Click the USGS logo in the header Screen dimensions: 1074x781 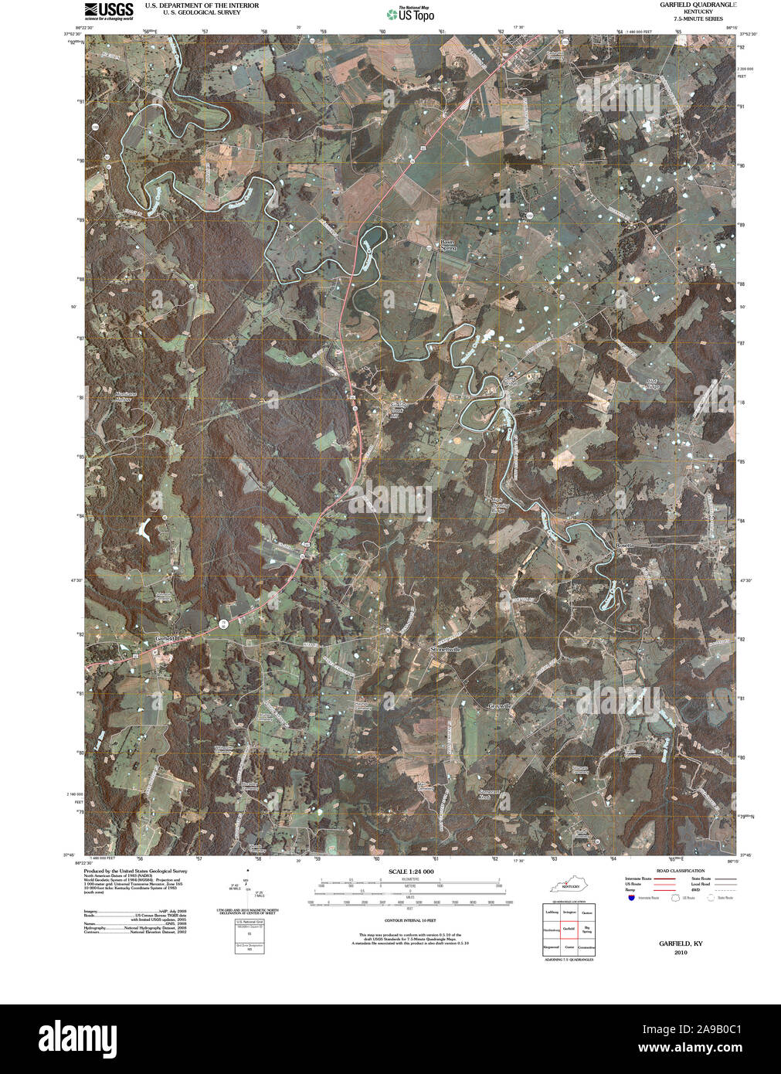(108, 10)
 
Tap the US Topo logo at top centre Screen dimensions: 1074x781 (411, 13)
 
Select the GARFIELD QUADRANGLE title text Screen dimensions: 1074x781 (698, 5)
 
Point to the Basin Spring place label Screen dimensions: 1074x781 (449, 245)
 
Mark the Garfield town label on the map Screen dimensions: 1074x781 (165, 638)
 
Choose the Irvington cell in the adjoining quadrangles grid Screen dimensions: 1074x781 (569, 913)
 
